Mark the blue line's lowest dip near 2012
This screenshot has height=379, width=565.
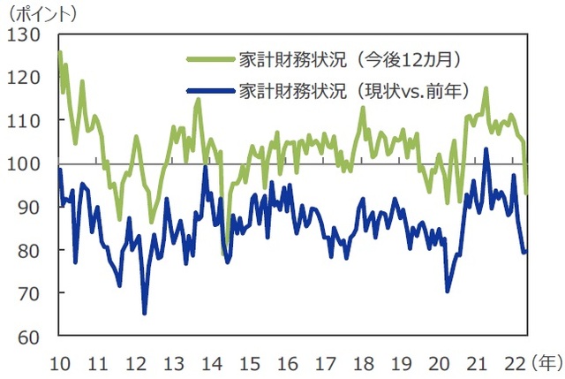[144, 313]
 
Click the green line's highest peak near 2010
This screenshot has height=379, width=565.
[59, 52]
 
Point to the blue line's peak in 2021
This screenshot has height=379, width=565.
[486, 149]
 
